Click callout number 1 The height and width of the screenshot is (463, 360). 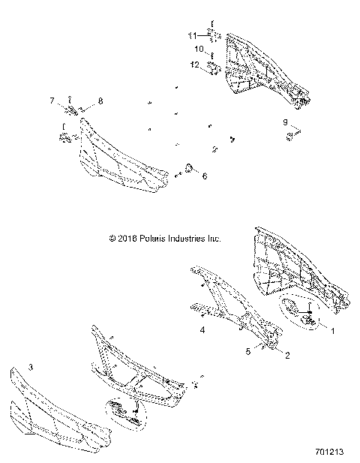(333, 328)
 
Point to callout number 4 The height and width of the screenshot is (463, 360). (202, 329)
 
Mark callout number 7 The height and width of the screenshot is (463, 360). (52, 100)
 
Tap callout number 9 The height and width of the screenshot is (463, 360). (284, 121)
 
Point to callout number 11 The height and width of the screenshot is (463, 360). (191, 35)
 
